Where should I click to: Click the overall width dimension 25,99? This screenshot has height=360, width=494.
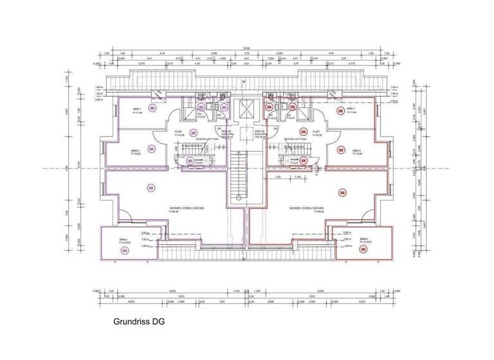[246, 48]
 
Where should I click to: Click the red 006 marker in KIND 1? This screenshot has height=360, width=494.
[340, 109]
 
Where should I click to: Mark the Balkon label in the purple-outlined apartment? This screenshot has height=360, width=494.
[123, 239]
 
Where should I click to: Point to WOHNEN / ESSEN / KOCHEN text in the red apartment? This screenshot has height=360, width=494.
[306, 209]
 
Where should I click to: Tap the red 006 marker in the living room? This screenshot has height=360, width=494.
[342, 192]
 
